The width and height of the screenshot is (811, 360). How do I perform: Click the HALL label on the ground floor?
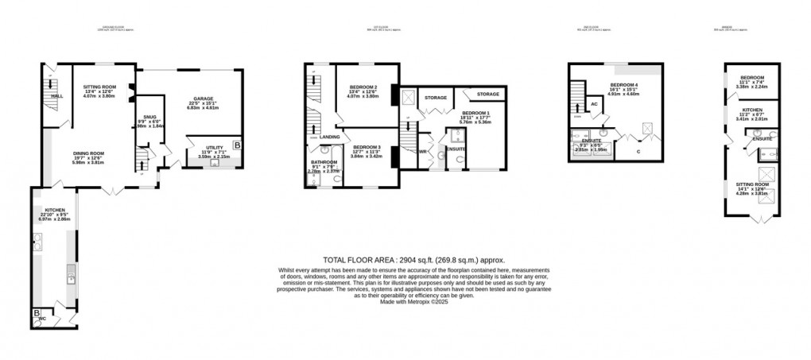[x=56, y=96]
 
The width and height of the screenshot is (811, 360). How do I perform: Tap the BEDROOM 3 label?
[x=367, y=147]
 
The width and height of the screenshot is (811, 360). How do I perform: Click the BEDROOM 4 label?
[x=624, y=83]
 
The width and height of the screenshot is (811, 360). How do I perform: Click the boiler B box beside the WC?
[x=37, y=313]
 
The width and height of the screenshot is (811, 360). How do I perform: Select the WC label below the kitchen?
[x=44, y=319]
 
